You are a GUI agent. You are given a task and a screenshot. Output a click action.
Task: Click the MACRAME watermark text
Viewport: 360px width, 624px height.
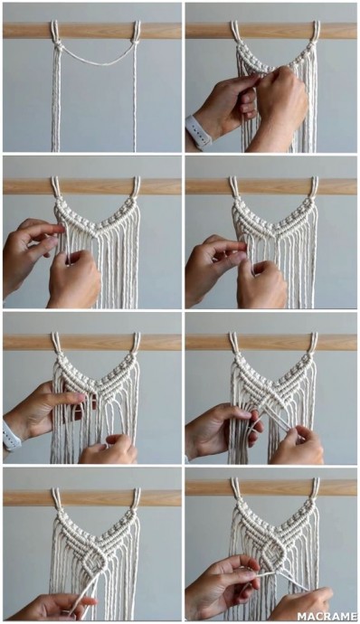coord(327,617)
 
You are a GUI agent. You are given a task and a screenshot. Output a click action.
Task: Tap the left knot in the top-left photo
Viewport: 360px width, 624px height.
coord(58,47)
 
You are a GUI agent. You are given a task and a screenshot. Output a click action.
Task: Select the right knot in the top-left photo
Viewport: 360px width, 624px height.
coord(136,43)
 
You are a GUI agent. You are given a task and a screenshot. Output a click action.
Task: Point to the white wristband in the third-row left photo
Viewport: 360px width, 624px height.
coord(11,436)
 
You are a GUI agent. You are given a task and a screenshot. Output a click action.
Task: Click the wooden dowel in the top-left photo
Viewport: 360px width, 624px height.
coord(92,31)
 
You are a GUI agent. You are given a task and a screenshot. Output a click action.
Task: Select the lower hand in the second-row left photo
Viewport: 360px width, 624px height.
coord(74,280)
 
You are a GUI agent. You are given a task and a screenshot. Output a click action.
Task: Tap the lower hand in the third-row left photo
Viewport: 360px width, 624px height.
coord(109,449)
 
